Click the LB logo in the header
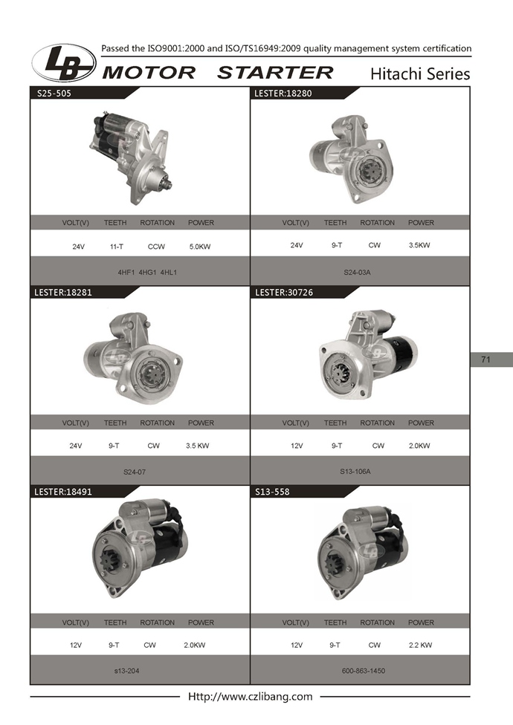pos(64,63)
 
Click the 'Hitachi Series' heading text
pos(420,74)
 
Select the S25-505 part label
pos(54,94)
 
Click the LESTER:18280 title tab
pos(283,94)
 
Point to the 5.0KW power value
pos(200,247)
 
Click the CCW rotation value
pos(156,247)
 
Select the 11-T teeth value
pos(117,247)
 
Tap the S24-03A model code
pos(357,273)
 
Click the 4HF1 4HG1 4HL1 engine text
pos(147,273)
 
